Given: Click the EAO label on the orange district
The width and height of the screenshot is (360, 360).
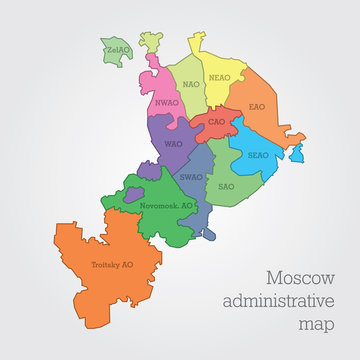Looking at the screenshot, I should pos(256,106).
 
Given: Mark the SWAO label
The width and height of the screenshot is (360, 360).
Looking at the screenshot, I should pos(191,177).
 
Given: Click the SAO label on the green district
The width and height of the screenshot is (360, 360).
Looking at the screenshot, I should pos(226,186).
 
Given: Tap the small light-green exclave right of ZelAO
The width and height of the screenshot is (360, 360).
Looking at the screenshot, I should pos(149,41).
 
